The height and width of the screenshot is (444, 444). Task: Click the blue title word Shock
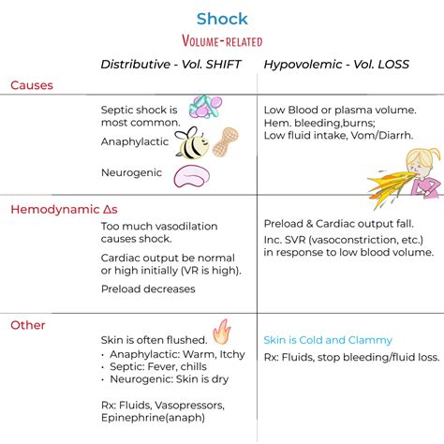(x=221, y=18)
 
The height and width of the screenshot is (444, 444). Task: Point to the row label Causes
(x=32, y=85)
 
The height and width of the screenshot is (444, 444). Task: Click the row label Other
(x=28, y=325)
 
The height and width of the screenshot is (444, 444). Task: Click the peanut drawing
(x=226, y=141)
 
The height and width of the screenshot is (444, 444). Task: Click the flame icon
(x=221, y=332)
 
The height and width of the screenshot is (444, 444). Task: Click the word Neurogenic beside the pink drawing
(x=132, y=172)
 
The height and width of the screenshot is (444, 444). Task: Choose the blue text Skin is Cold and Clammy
(x=328, y=340)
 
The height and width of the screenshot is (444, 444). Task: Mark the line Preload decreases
(x=148, y=289)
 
